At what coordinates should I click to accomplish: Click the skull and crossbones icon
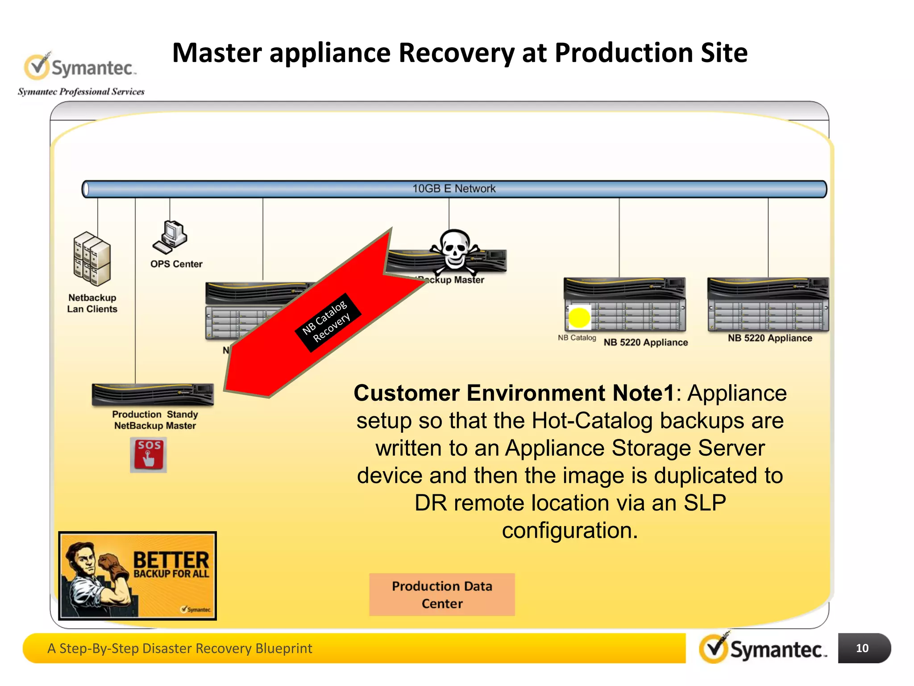[454, 251]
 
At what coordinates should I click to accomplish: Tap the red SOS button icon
[148, 455]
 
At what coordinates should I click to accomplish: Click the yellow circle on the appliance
[579, 318]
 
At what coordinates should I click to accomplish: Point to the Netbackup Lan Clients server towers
[91, 259]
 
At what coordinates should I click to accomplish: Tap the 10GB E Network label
[453, 189]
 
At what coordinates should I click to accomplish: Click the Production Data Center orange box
[442, 594]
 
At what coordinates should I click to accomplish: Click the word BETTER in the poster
[171, 560]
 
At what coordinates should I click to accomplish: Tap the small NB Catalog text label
[577, 338]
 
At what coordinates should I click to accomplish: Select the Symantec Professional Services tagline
[81, 92]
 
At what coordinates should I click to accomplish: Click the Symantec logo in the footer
[763, 649]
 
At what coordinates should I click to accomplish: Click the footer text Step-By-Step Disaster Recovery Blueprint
[180, 648]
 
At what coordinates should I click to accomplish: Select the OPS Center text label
[176, 264]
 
